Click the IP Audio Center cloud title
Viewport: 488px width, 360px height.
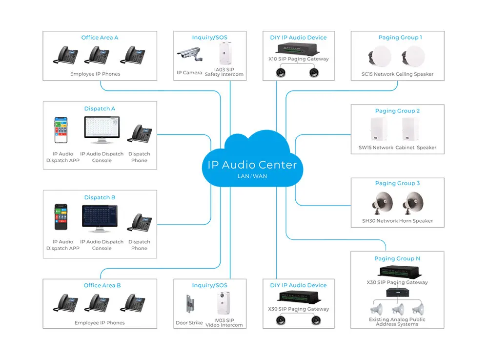pyautogui.click(x=252, y=165)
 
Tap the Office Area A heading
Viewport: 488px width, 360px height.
pyautogui.click(x=100, y=38)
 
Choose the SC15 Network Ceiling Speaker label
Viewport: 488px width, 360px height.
pyautogui.click(x=397, y=74)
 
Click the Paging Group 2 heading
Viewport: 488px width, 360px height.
pyautogui.click(x=397, y=111)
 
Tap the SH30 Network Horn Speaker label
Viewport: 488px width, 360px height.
pyautogui.click(x=397, y=221)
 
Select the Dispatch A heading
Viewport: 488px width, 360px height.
pyautogui.click(x=100, y=108)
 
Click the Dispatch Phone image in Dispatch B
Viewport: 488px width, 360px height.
pyautogui.click(x=140, y=223)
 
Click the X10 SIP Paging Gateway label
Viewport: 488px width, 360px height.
pyautogui.click(x=298, y=59)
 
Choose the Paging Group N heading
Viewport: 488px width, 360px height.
pyautogui.click(x=397, y=258)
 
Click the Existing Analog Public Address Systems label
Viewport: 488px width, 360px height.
pyautogui.click(x=397, y=322)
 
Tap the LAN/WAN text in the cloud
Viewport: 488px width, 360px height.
pyautogui.click(x=252, y=176)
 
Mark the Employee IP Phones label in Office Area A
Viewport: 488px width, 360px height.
pyautogui.click(x=95, y=74)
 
